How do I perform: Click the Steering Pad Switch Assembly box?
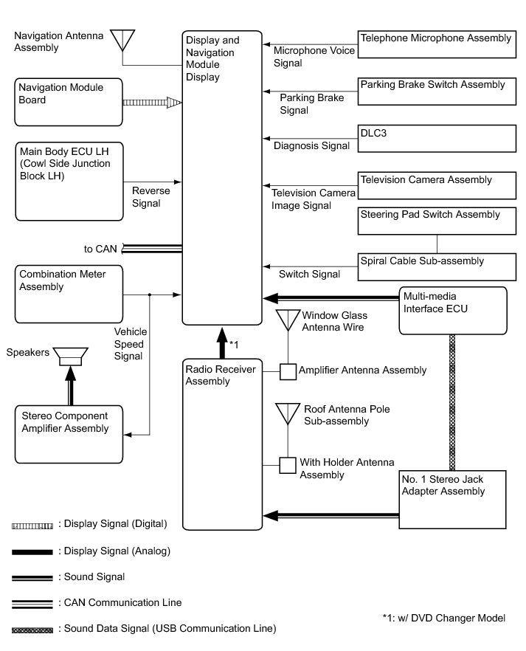[435, 221]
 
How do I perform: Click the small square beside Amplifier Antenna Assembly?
[287, 371]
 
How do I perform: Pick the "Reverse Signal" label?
[150, 197]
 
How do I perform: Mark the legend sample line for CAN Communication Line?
[32, 603]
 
